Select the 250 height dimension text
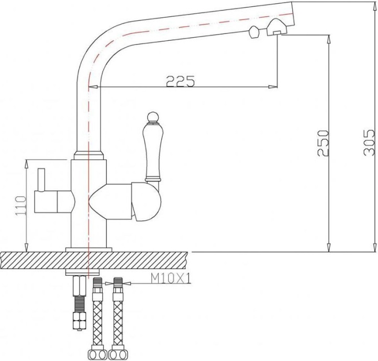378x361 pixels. (x=324, y=142)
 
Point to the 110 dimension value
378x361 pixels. (x=21, y=206)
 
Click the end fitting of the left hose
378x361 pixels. (x=97, y=353)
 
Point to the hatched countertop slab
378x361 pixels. (x=157, y=258)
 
